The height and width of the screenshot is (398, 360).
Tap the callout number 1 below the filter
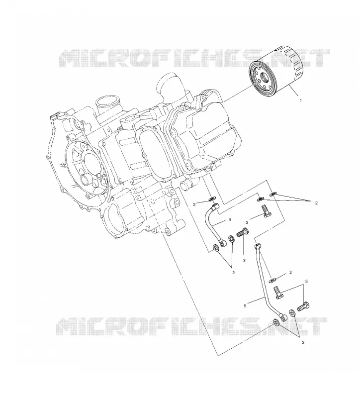pyautogui.click(x=301, y=101)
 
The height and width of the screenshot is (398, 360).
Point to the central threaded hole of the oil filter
pyautogui.click(x=264, y=77)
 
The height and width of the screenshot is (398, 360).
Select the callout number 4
pyautogui.click(x=230, y=219)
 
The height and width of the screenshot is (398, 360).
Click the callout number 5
pyautogui.click(x=245, y=306)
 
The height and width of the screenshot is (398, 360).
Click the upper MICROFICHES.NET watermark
pyautogui.click(x=194, y=58)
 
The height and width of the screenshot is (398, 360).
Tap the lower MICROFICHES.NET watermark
pyautogui.click(x=191, y=326)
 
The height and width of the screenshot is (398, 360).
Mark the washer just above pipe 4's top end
pyautogui.click(x=212, y=199)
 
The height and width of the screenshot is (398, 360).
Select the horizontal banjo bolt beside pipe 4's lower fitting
pyautogui.click(x=243, y=232)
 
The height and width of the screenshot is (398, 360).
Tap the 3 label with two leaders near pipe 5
pyautogui.click(x=306, y=281)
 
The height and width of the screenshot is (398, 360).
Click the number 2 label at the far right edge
pyautogui.click(x=316, y=203)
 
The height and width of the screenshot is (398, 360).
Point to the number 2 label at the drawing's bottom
pyautogui.click(x=303, y=342)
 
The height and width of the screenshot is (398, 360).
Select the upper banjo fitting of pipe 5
pyautogui.click(x=257, y=246)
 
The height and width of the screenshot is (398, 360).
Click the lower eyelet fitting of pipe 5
pyautogui.click(x=283, y=317)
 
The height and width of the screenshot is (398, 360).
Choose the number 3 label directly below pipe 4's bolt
pyautogui.click(x=244, y=260)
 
